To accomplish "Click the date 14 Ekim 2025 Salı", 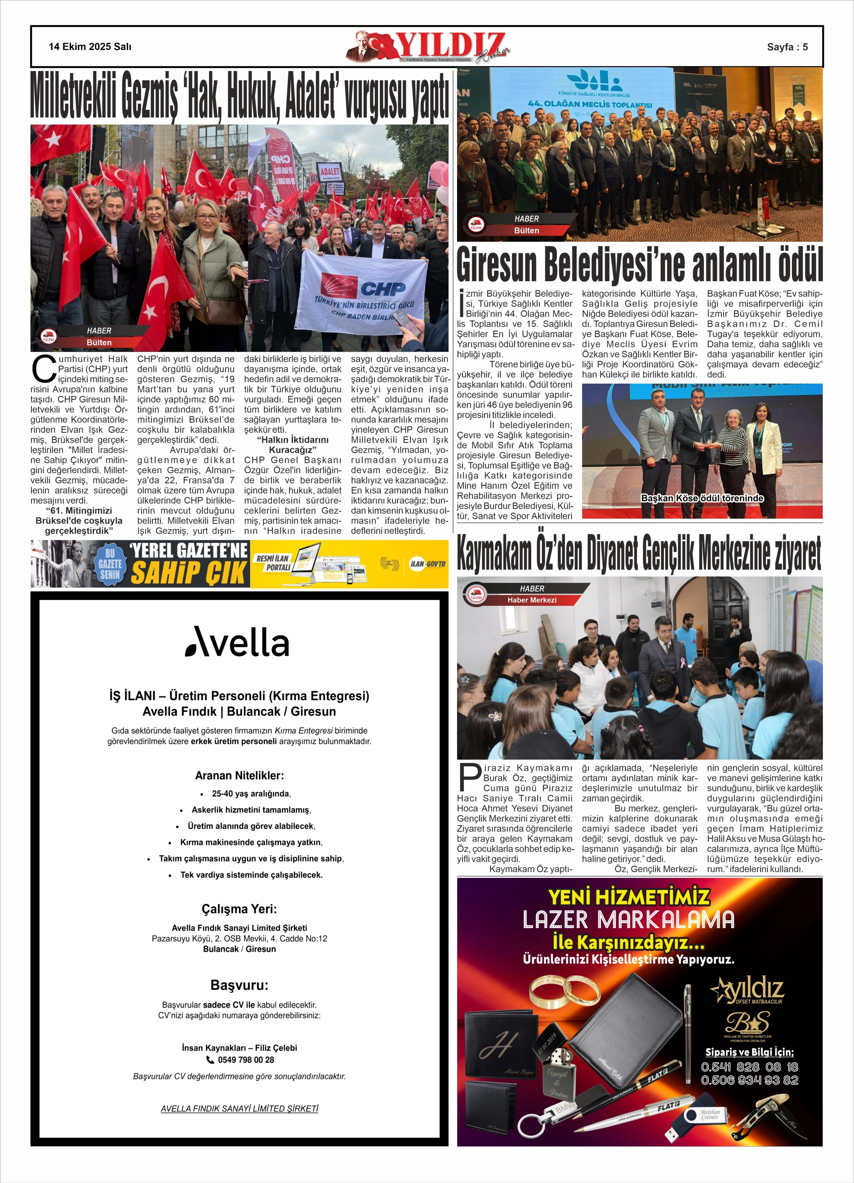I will [x=90, y=46].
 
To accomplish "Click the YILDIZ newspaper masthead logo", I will [x=427, y=47].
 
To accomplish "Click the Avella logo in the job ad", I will [x=237, y=641].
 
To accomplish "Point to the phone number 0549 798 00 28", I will [x=245, y=1059].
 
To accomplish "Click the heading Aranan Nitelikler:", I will [x=239, y=775].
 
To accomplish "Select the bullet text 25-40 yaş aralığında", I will [x=251, y=793].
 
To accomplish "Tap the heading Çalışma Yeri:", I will [x=239, y=909].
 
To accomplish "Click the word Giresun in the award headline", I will [x=496, y=265].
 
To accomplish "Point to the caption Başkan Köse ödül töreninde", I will [x=702, y=498].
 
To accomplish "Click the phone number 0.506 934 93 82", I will [x=749, y=1080].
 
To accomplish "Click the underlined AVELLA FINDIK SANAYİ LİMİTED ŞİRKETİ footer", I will [x=239, y=1108].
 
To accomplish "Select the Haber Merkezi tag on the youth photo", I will [x=532, y=600].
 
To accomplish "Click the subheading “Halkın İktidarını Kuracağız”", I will [x=293, y=444].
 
